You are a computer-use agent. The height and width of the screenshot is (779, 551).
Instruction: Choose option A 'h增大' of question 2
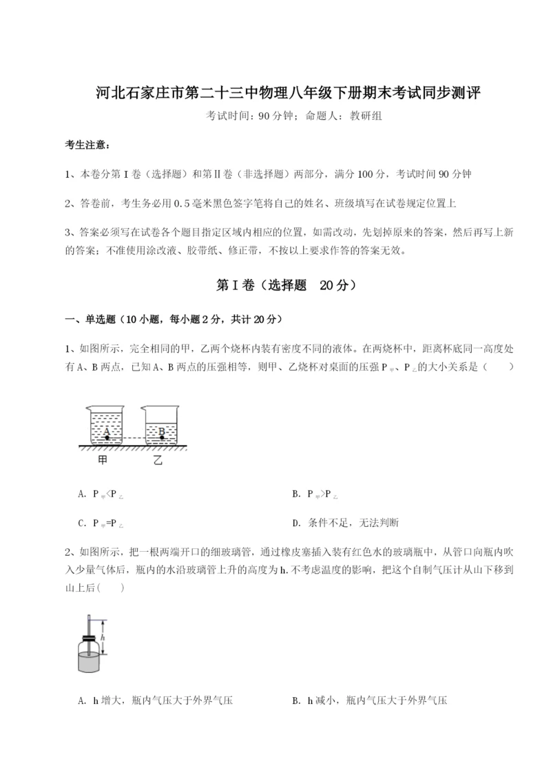156,700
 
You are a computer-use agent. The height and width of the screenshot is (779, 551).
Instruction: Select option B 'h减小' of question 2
369,700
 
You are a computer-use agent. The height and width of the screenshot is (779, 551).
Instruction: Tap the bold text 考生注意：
87,145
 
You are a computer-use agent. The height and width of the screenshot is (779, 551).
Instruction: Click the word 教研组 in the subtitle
366,116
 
